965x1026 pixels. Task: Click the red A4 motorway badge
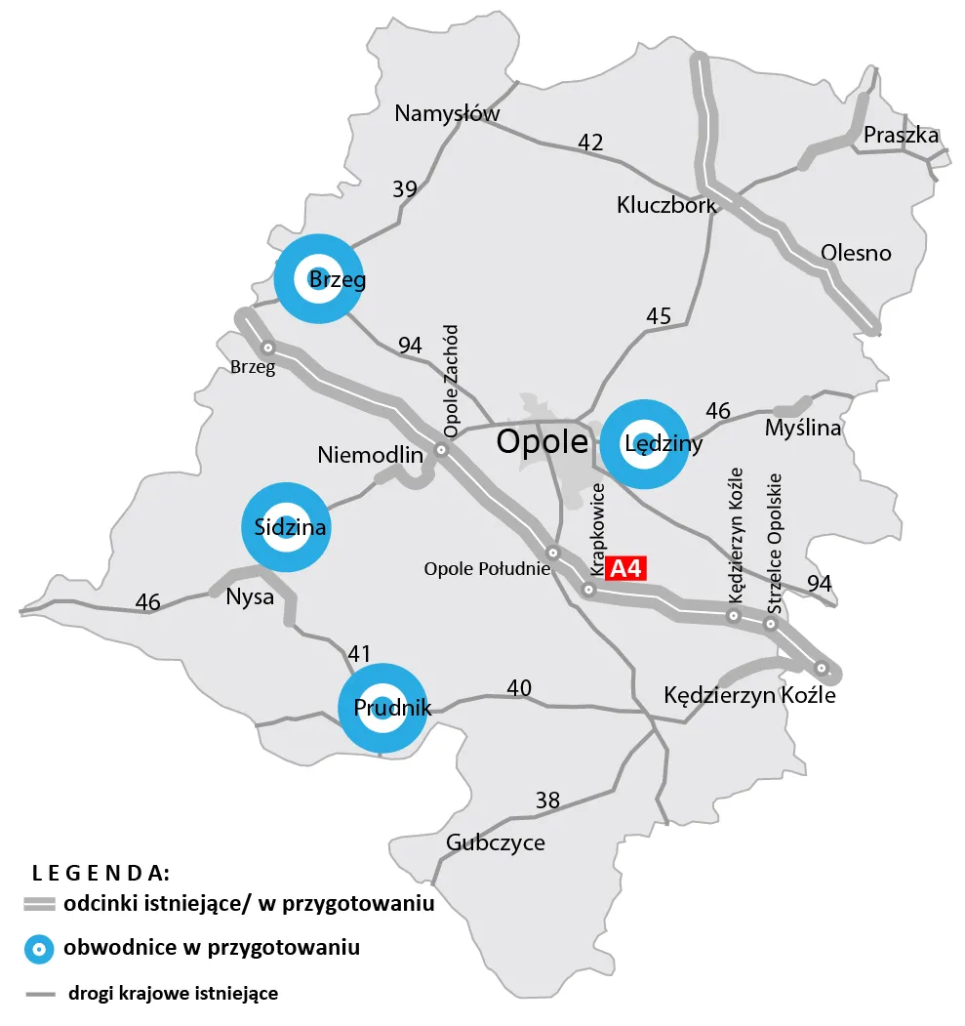(624, 568)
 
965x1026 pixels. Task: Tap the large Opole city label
(542, 442)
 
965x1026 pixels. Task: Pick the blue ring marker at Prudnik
(381, 708)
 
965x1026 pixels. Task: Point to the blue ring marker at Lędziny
(644, 443)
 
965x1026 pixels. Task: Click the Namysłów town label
(447, 113)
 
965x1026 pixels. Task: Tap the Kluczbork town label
(666, 205)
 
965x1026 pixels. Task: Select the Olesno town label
(856, 253)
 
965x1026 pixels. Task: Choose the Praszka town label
(901, 135)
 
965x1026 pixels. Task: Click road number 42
(590, 143)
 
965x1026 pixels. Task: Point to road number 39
(405, 189)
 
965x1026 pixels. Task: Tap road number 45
(659, 316)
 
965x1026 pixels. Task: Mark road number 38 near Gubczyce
(548, 800)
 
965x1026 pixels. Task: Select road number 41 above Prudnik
(359, 654)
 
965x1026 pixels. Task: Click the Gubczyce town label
(495, 842)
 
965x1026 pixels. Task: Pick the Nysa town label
(250, 597)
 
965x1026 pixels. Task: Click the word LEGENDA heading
(101, 872)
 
